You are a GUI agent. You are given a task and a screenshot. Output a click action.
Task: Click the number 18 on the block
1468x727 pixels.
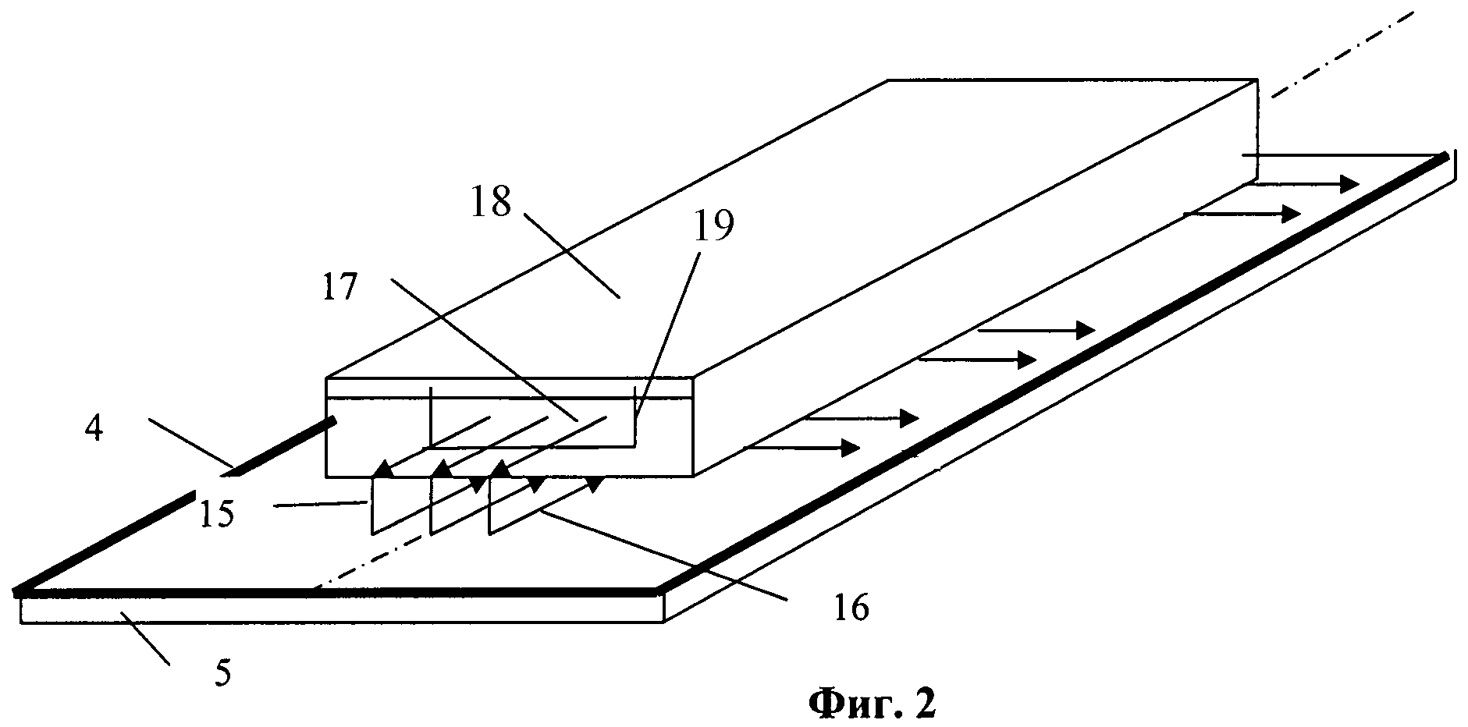click(x=491, y=203)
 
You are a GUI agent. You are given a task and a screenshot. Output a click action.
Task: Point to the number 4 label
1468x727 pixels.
click(x=94, y=429)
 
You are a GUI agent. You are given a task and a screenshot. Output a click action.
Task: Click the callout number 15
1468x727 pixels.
click(x=216, y=514)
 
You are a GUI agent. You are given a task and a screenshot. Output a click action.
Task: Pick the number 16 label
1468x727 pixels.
click(x=851, y=608)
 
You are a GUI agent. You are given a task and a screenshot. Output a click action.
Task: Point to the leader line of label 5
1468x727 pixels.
click(x=144, y=640)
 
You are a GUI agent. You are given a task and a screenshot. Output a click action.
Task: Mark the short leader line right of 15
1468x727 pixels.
click(x=320, y=505)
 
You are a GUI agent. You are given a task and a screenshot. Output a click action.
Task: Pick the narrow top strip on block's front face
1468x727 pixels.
click(x=507, y=388)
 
